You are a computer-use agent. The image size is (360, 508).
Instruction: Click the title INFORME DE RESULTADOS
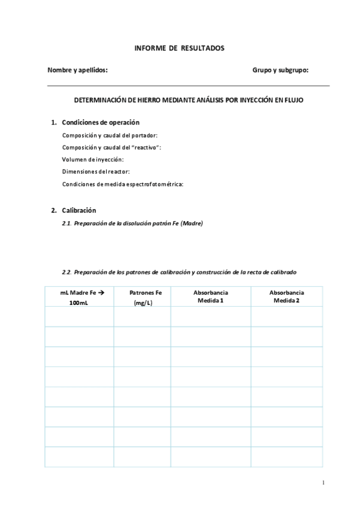coord(180,47)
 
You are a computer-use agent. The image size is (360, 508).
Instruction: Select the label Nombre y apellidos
coord(77,70)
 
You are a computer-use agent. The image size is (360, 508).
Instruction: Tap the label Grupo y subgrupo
coord(280,70)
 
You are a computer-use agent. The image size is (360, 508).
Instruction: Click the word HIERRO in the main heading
coord(155,101)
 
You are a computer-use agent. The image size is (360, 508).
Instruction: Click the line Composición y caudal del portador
coord(110,135)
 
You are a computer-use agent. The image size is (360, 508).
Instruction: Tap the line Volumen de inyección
coord(93,159)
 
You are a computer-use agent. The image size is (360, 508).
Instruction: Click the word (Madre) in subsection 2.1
coord(192,223)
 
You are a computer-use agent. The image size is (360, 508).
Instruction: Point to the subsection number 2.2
coord(67,271)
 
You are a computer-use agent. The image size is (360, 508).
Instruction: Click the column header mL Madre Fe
coord(79,293)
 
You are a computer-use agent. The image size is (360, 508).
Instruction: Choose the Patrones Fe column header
coord(146,293)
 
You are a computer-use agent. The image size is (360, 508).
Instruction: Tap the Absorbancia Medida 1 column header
coord(210,297)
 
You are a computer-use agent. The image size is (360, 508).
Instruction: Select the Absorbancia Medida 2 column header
coord(286,297)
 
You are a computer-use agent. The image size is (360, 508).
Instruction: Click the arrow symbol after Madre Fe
coord(101,293)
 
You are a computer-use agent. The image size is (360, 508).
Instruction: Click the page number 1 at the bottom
coord(323,482)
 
